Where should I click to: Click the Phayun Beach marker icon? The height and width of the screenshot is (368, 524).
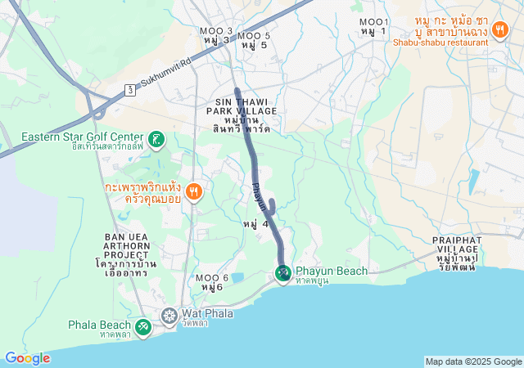[282, 272]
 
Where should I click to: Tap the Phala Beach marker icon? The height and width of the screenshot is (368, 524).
[142, 326]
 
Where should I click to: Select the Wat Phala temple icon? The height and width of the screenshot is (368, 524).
[169, 315]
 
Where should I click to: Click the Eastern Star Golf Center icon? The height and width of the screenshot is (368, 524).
[156, 137]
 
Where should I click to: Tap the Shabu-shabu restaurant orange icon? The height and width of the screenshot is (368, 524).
[500, 29]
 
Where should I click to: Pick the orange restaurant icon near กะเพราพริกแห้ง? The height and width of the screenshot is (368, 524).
[194, 192]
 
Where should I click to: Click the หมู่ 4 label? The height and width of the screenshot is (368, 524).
[255, 223]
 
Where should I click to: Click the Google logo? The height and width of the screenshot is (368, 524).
[27, 357]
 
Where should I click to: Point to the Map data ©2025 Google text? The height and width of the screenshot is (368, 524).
[473, 361]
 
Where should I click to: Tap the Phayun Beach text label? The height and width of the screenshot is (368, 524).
[332, 271]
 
